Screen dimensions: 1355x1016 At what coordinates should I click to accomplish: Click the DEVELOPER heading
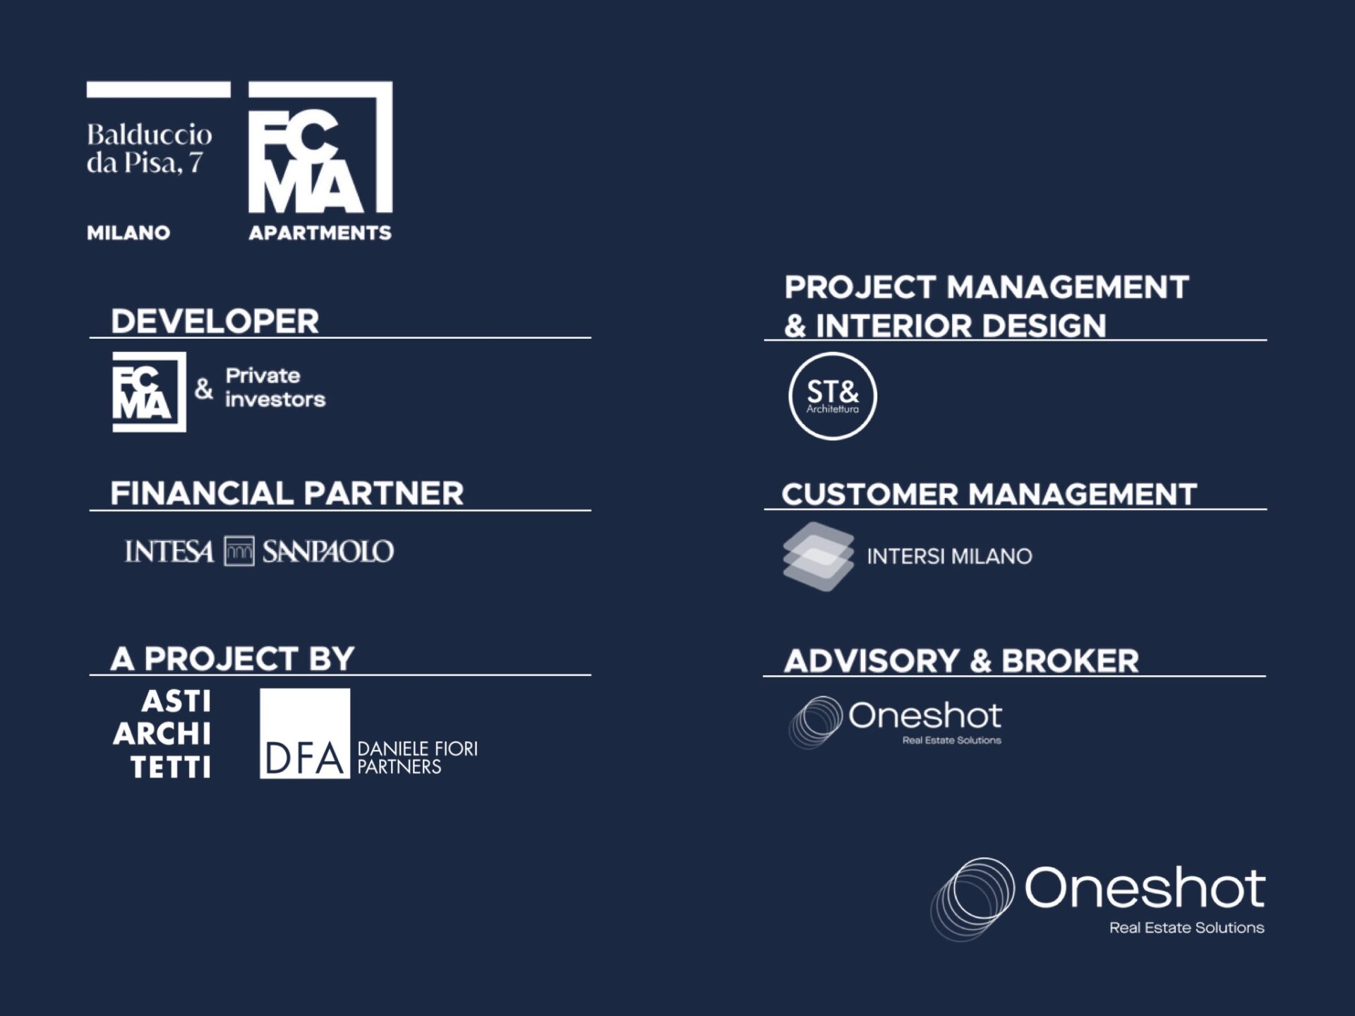pos(215,322)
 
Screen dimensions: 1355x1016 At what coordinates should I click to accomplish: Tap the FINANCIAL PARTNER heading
pos(287,493)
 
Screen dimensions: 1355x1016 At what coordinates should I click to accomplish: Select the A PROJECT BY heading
pos(232,659)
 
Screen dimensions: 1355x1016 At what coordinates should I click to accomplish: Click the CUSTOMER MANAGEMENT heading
pos(989,494)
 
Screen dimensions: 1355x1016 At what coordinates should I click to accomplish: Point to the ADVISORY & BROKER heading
pos(961,661)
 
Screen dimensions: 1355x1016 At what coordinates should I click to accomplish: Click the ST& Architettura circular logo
pos(833,396)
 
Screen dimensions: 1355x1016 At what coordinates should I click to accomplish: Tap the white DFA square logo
pos(305,734)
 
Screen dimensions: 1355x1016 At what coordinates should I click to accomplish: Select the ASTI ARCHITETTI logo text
pos(162,734)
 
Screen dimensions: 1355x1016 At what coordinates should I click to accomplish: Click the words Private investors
pos(275,387)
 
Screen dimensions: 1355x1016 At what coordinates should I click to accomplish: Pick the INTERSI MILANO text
pos(949,557)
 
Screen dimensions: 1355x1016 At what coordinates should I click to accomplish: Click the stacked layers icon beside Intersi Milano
pos(818,557)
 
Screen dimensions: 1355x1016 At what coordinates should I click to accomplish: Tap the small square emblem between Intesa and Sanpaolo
pos(239,552)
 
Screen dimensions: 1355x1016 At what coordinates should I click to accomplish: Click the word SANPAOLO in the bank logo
pos(328,552)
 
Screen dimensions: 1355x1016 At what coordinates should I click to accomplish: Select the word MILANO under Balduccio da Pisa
pos(128,233)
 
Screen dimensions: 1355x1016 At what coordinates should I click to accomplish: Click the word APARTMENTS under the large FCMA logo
pos(320,233)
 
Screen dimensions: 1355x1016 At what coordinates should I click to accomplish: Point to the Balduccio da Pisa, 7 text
pos(149,149)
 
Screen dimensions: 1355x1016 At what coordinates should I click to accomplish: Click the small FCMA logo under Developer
pos(149,392)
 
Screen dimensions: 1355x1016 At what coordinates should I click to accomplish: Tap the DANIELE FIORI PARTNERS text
pos(417,758)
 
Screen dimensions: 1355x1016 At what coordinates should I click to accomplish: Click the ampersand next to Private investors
pos(204,388)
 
